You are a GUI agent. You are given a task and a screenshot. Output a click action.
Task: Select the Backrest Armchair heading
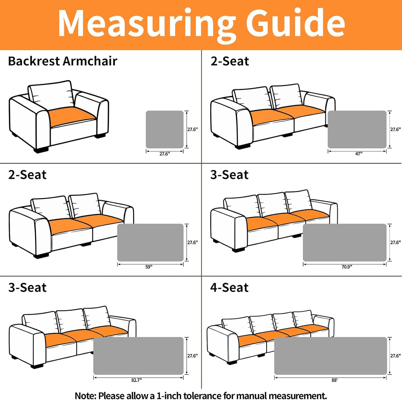tap(63, 61)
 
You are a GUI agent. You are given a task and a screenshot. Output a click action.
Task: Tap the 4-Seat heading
tap(229, 287)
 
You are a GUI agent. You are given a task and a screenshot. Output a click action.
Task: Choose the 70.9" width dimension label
tap(347, 267)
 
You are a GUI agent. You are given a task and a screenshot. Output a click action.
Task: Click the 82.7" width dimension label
tap(136, 380)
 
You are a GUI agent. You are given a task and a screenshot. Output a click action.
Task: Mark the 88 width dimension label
tap(334, 380)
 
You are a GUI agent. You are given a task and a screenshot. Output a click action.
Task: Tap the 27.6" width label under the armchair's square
tap(165, 154)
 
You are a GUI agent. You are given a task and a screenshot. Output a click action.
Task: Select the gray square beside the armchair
tap(164, 129)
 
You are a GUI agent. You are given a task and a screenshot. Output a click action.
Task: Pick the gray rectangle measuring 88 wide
tap(330, 356)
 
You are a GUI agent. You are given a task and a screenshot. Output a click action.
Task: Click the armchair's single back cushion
tap(51, 94)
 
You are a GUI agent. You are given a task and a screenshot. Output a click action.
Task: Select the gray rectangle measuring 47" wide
tap(357, 129)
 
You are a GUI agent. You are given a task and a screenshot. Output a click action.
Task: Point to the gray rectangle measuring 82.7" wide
tap(138, 356)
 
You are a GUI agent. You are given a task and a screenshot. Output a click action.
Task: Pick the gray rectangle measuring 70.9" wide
tap(345, 243)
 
